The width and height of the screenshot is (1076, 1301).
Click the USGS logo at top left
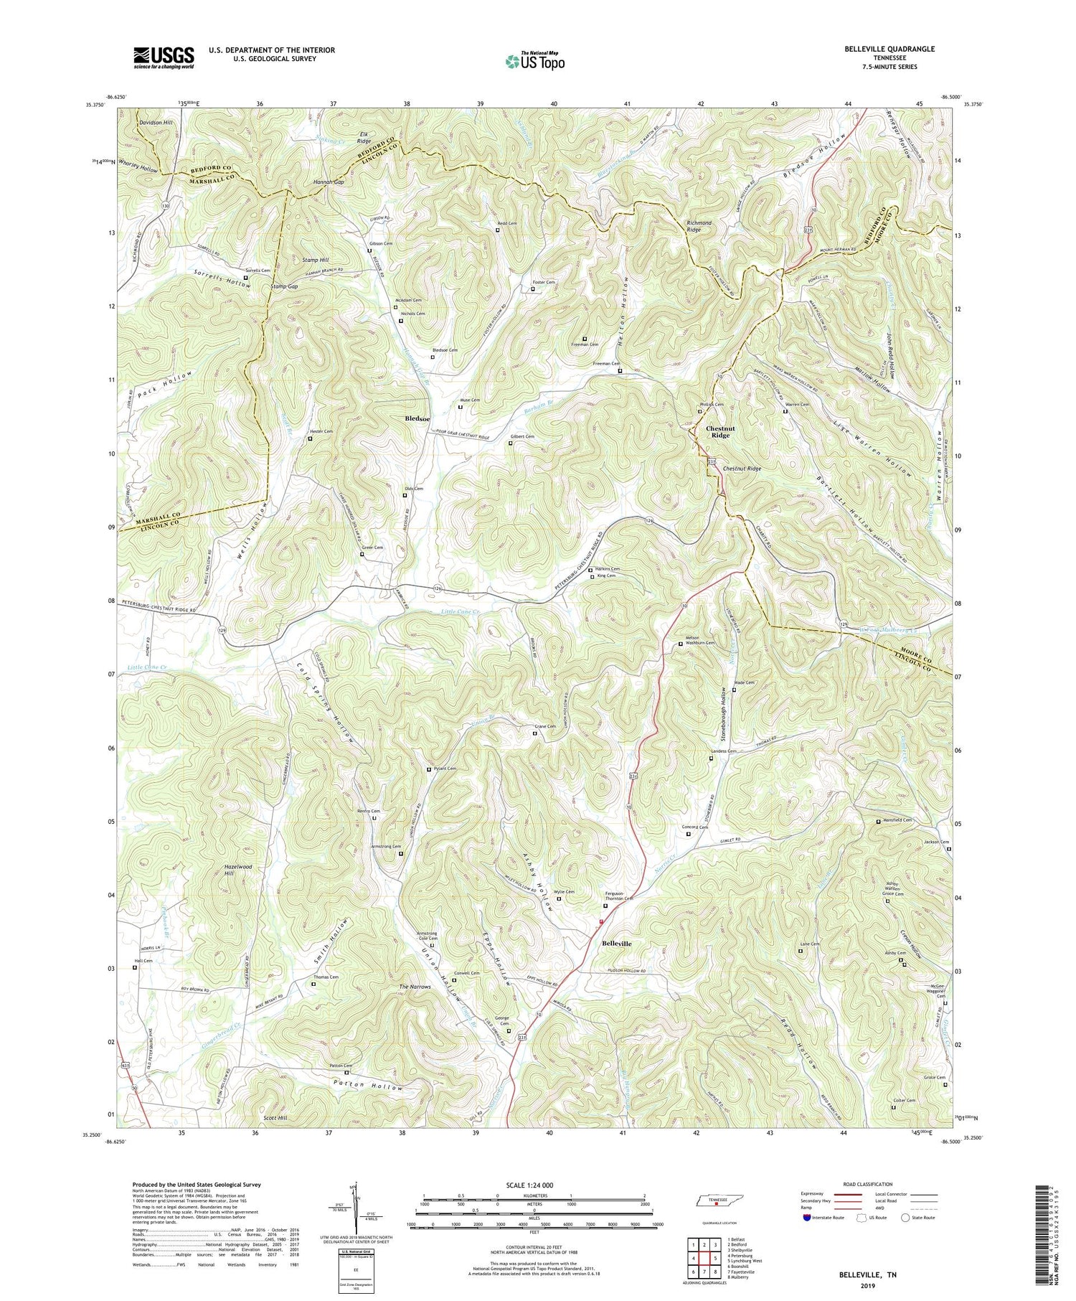164,57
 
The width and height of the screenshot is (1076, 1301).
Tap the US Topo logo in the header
534,61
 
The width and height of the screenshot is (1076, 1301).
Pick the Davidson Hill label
155,123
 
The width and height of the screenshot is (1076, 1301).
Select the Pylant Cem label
445,769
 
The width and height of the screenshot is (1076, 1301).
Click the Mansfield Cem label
897,820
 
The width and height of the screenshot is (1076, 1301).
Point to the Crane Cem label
545,727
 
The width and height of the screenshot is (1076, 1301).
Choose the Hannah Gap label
329,182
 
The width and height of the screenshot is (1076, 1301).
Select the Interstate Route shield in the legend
808,1218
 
